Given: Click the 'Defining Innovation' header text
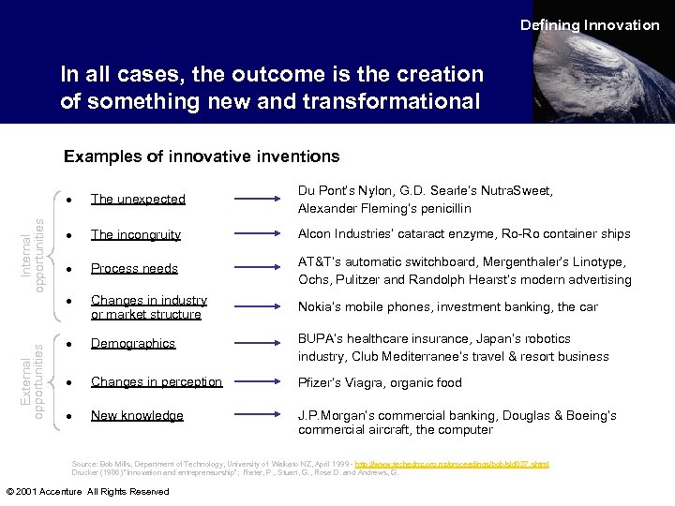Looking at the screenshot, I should coord(590,25).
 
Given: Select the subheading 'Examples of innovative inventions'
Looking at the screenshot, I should coord(201,156).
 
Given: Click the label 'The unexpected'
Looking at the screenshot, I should coord(138,199).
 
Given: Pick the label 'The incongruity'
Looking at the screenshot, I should coord(135,234).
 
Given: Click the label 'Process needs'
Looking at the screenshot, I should coord(134,268).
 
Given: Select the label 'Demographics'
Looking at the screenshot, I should coord(132,343).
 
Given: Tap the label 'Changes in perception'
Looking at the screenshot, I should coord(156,381).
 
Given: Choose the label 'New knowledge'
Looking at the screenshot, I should coord(137,415).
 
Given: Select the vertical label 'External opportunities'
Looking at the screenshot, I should coord(33,379).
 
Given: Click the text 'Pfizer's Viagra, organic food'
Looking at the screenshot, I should coord(380,382).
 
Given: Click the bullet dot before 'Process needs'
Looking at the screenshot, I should coord(71,269).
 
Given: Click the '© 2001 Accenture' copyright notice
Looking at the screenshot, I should coord(87,491).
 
